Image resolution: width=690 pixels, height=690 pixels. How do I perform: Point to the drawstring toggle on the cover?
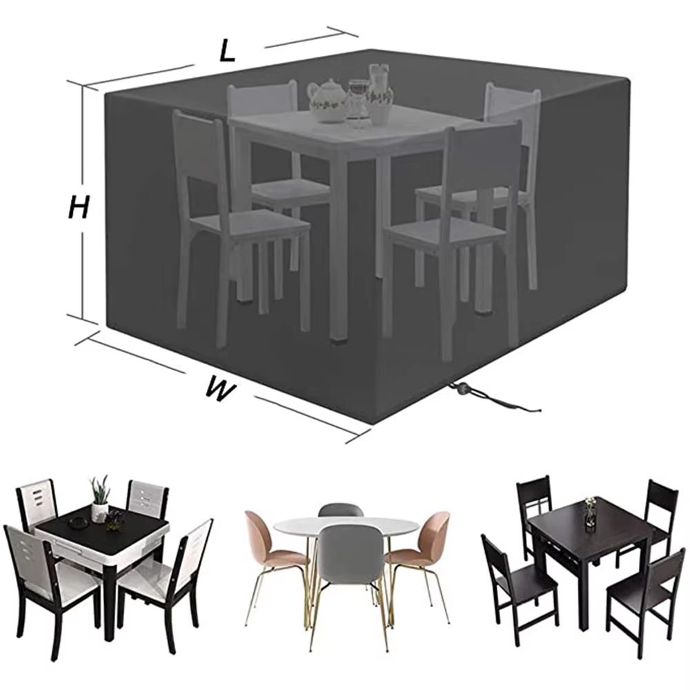tap(460, 391)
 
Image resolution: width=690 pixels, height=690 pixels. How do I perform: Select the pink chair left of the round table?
tap(266, 545)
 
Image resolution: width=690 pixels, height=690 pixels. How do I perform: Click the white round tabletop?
tap(345, 528)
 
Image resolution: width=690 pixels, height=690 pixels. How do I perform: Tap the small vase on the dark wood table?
tap(590, 507)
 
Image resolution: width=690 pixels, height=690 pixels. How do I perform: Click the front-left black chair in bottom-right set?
tap(514, 580)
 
